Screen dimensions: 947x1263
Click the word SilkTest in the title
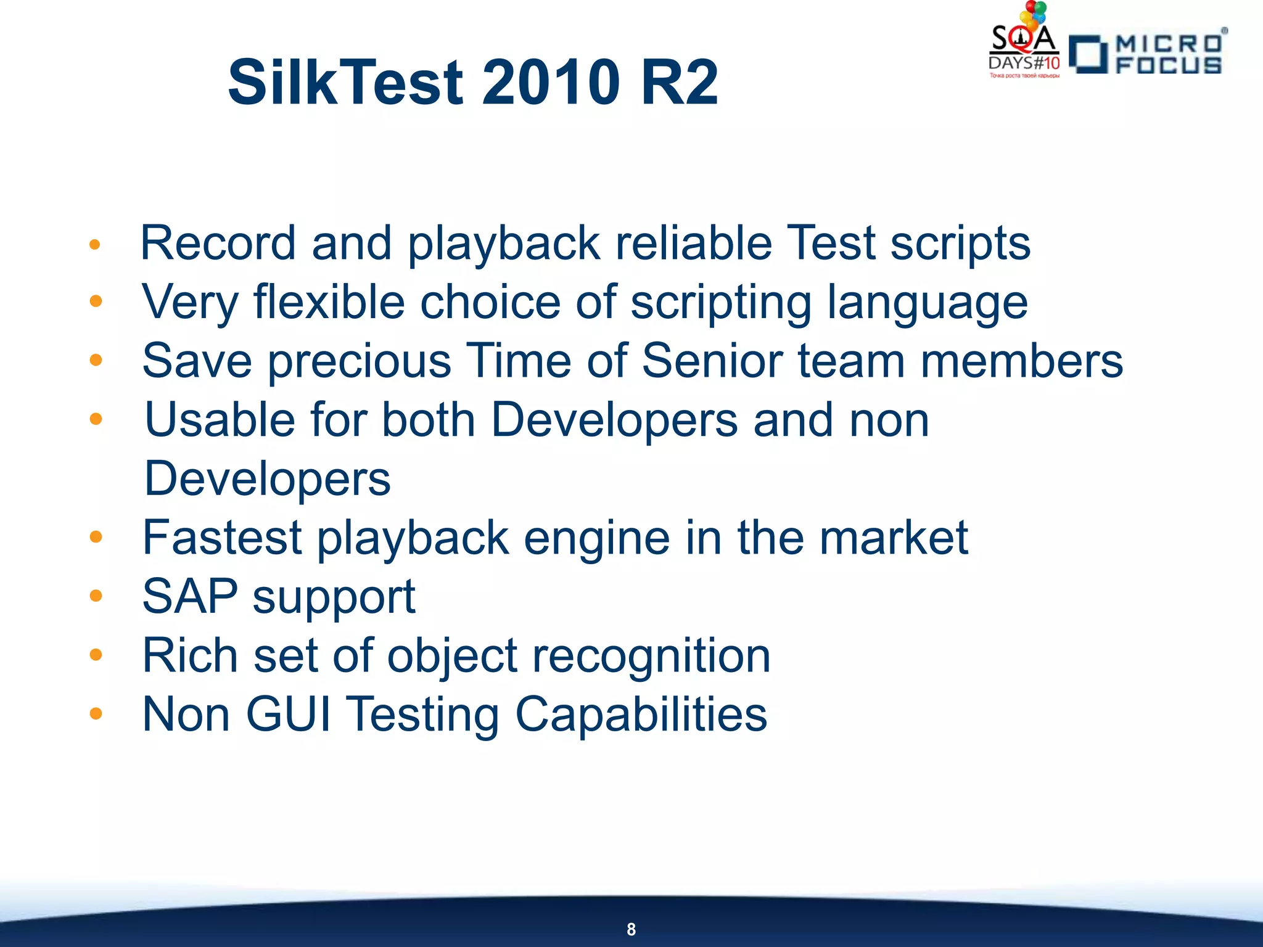click(x=345, y=82)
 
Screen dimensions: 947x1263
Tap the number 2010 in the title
click(x=551, y=82)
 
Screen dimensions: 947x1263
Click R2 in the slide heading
click(x=680, y=82)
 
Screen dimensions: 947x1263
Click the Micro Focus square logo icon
click(x=1088, y=54)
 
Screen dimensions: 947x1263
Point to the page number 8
click(x=631, y=929)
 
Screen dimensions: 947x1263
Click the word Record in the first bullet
click(x=218, y=243)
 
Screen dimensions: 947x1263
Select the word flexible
click(x=329, y=302)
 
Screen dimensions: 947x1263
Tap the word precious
click(x=360, y=361)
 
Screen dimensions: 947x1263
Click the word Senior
click(x=712, y=361)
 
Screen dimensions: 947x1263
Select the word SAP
click(x=190, y=596)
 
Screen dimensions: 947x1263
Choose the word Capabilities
click(x=641, y=715)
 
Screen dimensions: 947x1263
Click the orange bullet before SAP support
click(x=96, y=596)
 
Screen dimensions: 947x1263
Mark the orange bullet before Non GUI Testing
click(x=96, y=714)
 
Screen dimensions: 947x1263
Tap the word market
click(x=894, y=538)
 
